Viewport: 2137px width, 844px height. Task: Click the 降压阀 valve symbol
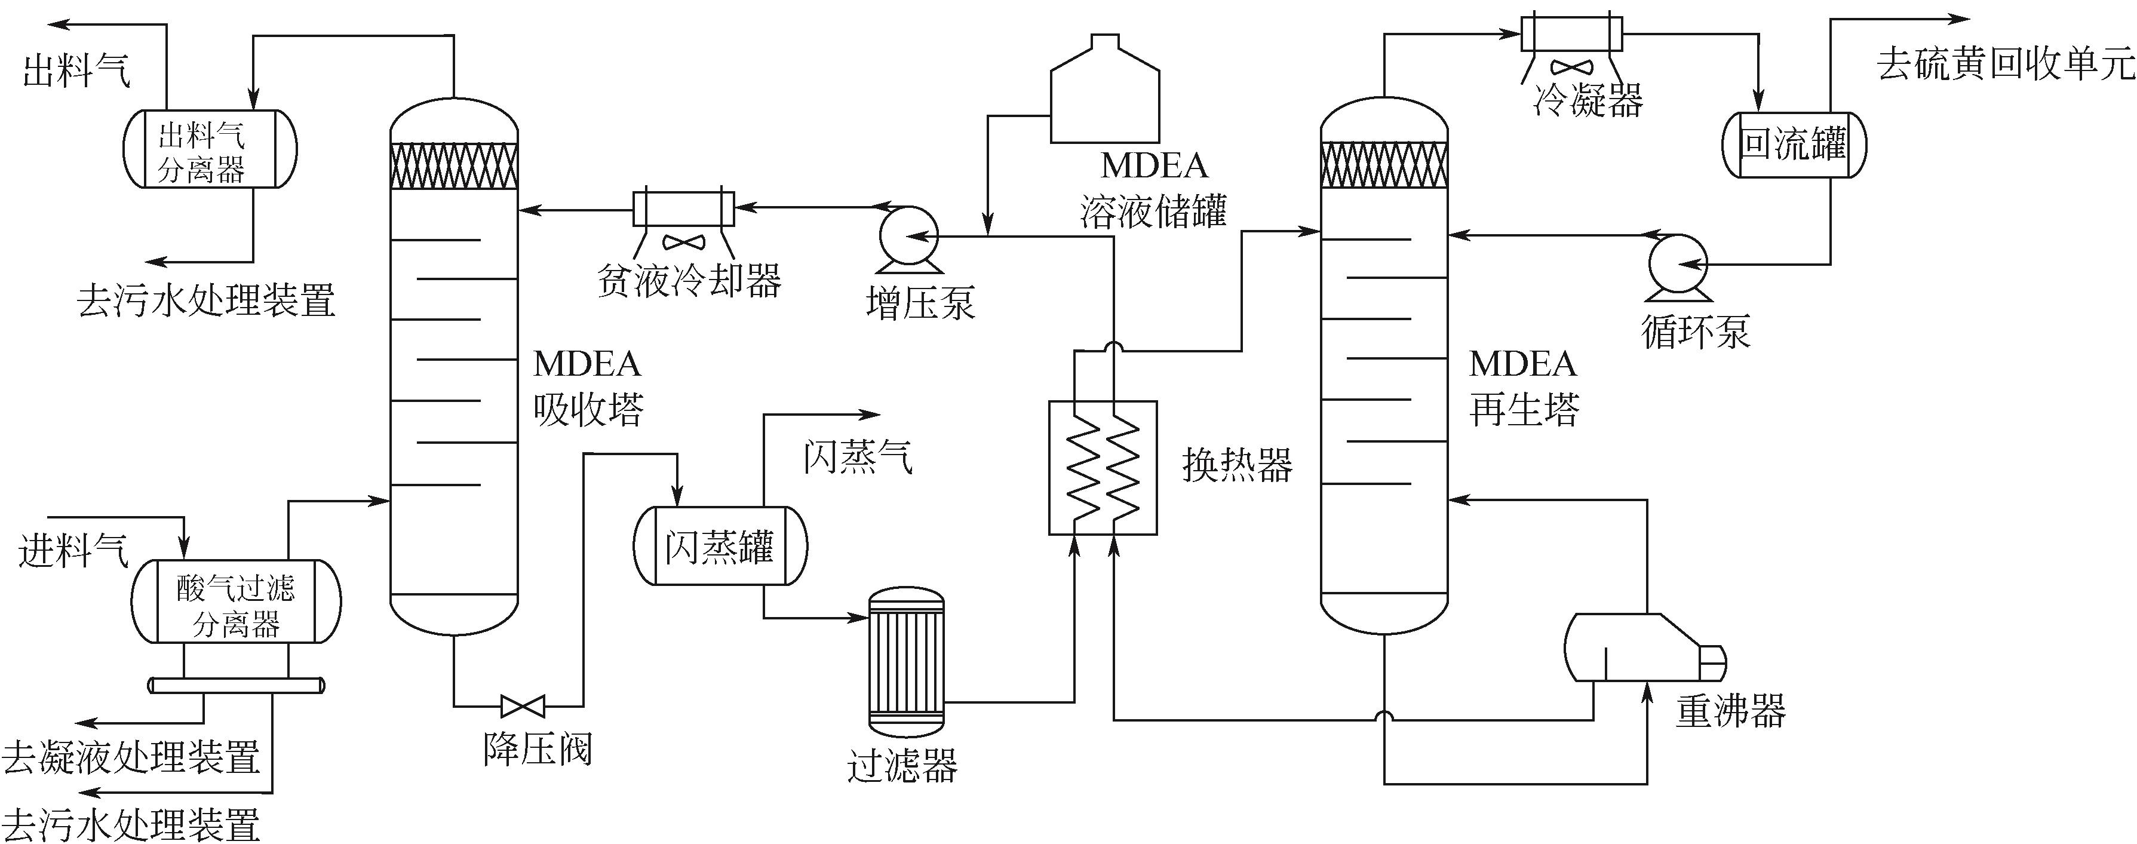click(x=523, y=706)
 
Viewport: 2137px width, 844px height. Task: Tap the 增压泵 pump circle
click(x=908, y=236)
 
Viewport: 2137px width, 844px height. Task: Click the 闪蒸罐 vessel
click(x=719, y=546)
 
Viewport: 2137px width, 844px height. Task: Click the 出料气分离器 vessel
click(x=209, y=150)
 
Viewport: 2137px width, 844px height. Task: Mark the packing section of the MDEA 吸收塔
click(x=455, y=166)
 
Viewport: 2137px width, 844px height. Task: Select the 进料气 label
click(x=73, y=550)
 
